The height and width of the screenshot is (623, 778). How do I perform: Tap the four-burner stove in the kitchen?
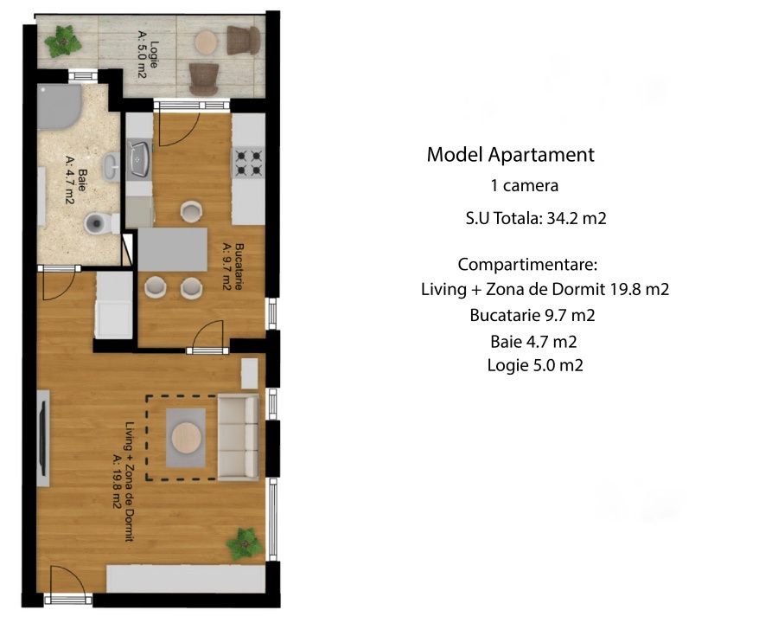point(249,163)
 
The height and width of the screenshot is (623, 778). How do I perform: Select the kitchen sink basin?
point(139,159)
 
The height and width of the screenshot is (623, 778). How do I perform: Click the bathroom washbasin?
point(112,166)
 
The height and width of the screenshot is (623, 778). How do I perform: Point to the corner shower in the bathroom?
point(59,106)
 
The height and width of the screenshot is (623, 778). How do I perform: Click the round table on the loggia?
point(206,42)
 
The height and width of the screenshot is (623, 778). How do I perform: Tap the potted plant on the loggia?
point(63,42)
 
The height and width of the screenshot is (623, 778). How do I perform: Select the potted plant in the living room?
point(244,544)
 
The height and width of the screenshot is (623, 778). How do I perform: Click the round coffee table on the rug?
point(187,438)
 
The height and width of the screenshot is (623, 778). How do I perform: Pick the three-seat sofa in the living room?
point(239,438)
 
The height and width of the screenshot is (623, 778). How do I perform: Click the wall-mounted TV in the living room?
point(43,438)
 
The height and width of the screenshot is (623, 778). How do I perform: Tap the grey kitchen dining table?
point(172,249)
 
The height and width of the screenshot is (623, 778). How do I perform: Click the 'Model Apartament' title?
point(511,155)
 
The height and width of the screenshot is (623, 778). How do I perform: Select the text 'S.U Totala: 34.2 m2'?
point(536,218)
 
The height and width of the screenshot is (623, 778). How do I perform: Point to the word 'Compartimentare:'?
point(527,264)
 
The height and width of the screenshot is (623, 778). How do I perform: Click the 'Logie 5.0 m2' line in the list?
point(535,366)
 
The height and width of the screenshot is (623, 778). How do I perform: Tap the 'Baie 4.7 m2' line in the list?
point(533,342)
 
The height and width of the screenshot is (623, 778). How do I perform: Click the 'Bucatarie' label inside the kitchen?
point(239,267)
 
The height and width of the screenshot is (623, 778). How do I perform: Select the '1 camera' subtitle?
point(525,186)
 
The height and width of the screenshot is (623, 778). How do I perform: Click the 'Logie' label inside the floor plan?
point(154,55)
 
